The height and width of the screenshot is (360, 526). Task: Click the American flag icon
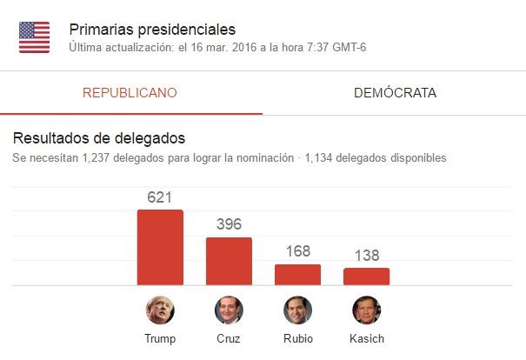(x=35, y=37)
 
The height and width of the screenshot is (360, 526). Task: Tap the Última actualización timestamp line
(x=217, y=47)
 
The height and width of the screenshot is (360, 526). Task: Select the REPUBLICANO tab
(x=130, y=92)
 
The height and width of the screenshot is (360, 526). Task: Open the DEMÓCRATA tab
(x=395, y=92)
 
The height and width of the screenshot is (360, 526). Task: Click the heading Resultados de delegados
(x=98, y=138)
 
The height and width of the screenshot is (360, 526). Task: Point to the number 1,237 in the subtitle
(x=98, y=158)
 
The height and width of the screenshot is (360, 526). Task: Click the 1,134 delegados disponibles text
(x=376, y=158)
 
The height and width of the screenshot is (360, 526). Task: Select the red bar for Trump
(x=160, y=248)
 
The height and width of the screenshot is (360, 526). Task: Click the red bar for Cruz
(x=229, y=261)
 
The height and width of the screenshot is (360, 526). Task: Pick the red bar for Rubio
(x=297, y=275)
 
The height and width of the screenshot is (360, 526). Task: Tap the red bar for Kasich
(x=366, y=277)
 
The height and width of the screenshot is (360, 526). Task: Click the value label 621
(x=160, y=198)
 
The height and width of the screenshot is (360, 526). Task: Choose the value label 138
(x=366, y=257)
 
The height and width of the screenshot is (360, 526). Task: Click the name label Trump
(x=160, y=338)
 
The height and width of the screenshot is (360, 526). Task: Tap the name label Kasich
(x=366, y=338)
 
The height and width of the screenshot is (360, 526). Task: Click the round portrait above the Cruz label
(x=229, y=310)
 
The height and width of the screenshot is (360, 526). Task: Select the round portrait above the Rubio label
(x=297, y=310)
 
